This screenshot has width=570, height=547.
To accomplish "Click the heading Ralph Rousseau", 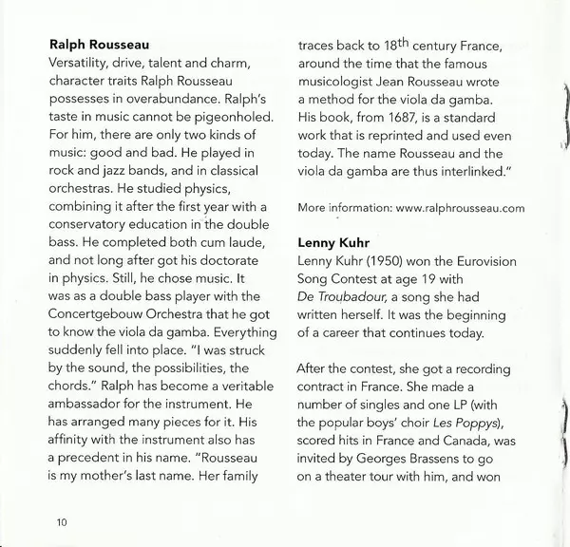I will point(104,43).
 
